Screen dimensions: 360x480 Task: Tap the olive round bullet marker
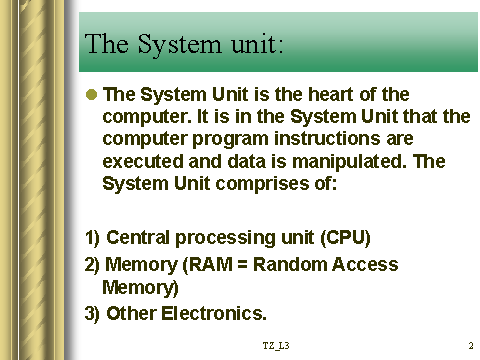coord(92,94)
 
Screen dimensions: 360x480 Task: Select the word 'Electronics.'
coord(215,313)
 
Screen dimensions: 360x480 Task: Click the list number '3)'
coord(92,313)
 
